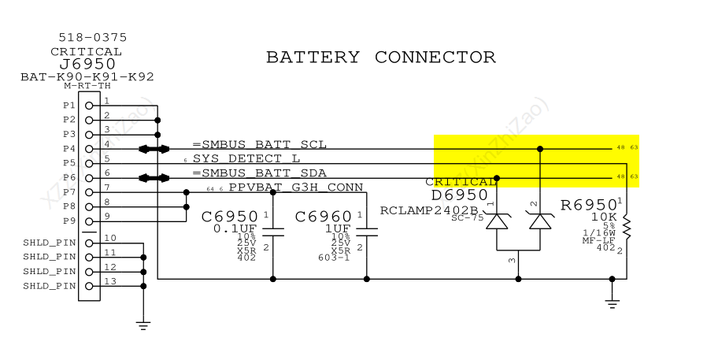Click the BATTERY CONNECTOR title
tap(381, 58)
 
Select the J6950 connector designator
tap(87, 65)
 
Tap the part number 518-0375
tap(93, 37)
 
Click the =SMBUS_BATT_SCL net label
tap(259, 144)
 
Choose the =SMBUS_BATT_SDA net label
tap(259, 173)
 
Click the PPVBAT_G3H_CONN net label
tap(296, 187)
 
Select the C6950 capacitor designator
tap(230, 217)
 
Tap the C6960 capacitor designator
tap(323, 217)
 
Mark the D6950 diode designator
tap(460, 195)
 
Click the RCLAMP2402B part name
tap(429, 210)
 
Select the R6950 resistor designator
tap(588, 206)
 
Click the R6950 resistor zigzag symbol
tap(627, 228)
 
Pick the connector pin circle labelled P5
tap(90, 163)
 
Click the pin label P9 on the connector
tap(68, 221)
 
